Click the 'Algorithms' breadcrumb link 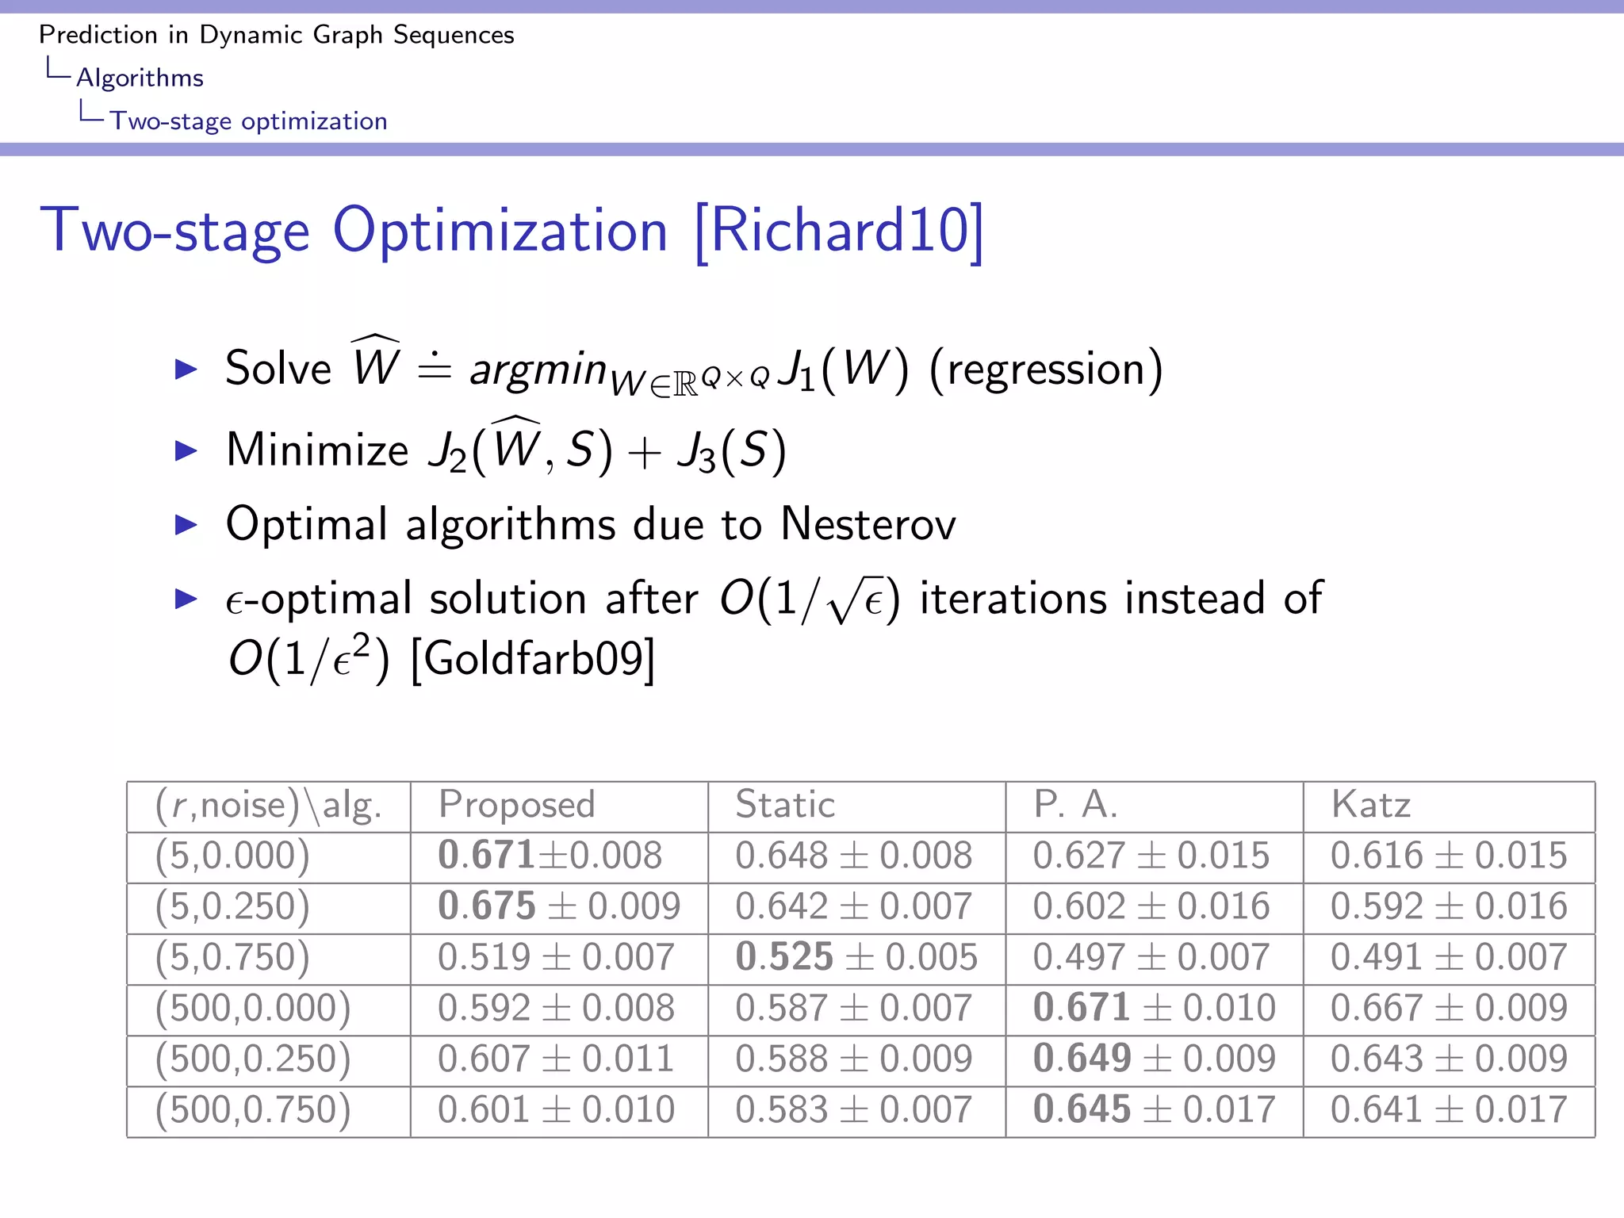pos(140,78)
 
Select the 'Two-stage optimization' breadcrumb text pos(248,121)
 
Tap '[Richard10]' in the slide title pos(838,231)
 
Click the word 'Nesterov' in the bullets pos(868,524)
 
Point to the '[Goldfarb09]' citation pos(533,658)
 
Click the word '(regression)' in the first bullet pos(1045,370)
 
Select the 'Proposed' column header pos(516,805)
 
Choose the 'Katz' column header pos(1370,805)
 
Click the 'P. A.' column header pos(1075,805)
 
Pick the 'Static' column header pos(785,805)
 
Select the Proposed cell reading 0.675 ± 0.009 pos(558,906)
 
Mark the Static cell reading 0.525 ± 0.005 pos(856,957)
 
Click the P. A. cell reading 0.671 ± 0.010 pos(1154,1008)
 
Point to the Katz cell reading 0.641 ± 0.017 pos(1449,1109)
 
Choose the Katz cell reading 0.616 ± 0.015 pos(1449,856)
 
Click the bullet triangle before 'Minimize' pos(186,450)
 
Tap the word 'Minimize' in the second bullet pos(317,450)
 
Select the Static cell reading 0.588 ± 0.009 pos(853,1059)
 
